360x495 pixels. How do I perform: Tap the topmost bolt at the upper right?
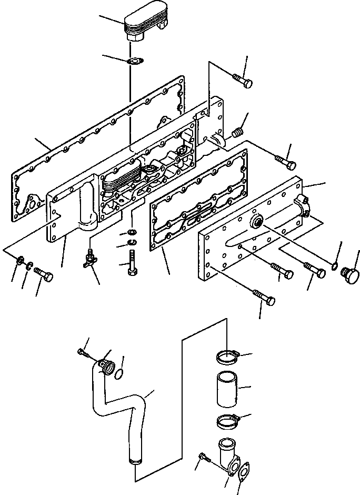tap(242, 81)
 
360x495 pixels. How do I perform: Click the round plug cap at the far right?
tap(349, 275)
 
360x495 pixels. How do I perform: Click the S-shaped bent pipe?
tap(126, 411)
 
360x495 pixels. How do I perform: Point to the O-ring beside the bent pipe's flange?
tap(120, 373)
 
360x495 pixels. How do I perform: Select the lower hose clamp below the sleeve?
tap(228, 421)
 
